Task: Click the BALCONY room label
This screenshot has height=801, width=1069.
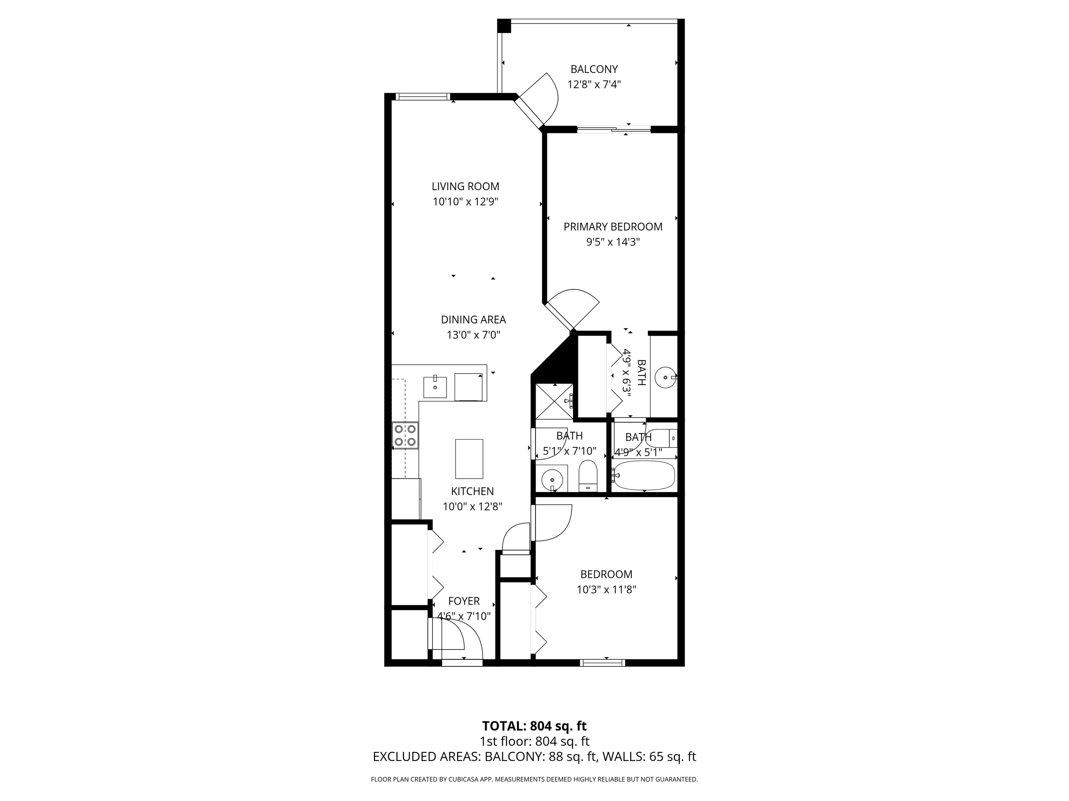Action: tap(594, 69)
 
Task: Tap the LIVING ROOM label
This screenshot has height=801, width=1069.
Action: tap(465, 186)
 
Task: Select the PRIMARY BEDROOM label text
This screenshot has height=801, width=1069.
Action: tap(613, 226)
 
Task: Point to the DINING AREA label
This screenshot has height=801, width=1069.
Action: tap(473, 319)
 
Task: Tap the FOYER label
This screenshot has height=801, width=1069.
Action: tap(464, 601)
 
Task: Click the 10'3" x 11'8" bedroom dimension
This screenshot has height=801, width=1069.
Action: tap(606, 590)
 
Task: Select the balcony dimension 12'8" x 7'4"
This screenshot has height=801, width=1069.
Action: tap(594, 84)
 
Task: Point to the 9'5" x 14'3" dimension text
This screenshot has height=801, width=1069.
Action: tap(613, 242)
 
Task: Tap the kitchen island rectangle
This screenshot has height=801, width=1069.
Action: tap(469, 459)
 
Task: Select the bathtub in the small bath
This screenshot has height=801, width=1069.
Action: tap(643, 475)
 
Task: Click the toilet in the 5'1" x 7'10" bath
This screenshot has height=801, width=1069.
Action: tap(588, 476)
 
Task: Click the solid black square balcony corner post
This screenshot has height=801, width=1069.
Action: tap(504, 26)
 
